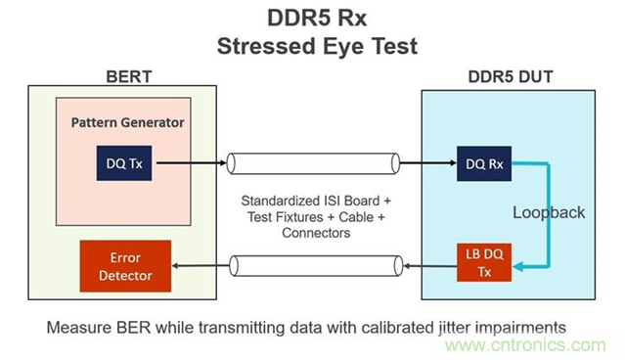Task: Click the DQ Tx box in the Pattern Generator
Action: coord(122,162)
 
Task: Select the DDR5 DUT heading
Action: coord(507,76)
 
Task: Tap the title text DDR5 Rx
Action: coord(312,17)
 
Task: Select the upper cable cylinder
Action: coord(313,162)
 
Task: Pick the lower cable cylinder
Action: coord(313,265)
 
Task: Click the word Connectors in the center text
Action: coord(315,234)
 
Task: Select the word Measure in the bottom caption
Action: coord(77,326)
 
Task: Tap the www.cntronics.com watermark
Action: coord(548,345)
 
